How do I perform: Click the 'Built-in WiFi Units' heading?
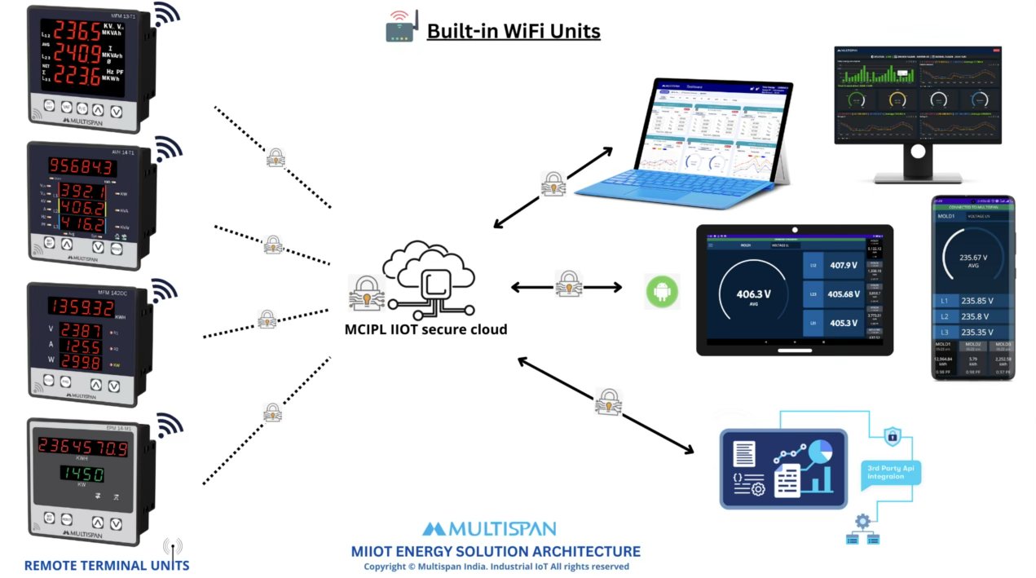[x=514, y=32]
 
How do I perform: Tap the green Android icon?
[x=662, y=291]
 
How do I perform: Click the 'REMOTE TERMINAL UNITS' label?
[x=107, y=565]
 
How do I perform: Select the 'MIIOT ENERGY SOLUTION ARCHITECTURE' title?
[x=496, y=551]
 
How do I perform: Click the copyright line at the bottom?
[x=496, y=567]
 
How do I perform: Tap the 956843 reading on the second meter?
[x=82, y=166]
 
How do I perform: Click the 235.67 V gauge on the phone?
[x=974, y=261]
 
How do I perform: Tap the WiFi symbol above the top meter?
[x=167, y=14]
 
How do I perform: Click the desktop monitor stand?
[x=917, y=163]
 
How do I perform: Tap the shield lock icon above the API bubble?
[x=893, y=435]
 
